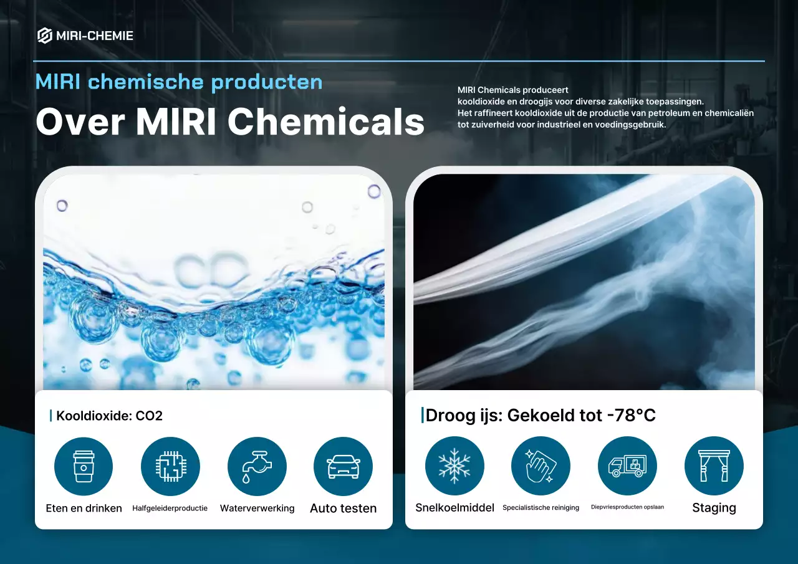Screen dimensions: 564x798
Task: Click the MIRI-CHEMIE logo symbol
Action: (x=44, y=36)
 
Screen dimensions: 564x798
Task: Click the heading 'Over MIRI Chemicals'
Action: (x=229, y=121)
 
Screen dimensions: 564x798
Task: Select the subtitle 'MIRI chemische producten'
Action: (x=179, y=82)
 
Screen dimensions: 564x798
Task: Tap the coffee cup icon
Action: (x=84, y=466)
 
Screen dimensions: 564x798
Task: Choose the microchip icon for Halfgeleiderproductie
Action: (x=170, y=466)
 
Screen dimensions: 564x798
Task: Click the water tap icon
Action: (x=257, y=466)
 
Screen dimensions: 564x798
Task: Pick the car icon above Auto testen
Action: (x=343, y=466)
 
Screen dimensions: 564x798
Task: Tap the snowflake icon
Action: (x=454, y=466)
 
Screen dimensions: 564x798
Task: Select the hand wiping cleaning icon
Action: (x=541, y=466)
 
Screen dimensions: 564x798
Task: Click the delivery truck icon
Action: (x=627, y=466)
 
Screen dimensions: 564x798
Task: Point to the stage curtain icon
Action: (x=714, y=466)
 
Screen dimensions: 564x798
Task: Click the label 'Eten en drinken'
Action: (x=84, y=509)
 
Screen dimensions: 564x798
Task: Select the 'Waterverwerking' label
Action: (x=257, y=509)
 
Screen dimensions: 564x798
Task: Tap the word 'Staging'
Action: (x=714, y=508)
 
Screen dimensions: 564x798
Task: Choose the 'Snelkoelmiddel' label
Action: (x=454, y=508)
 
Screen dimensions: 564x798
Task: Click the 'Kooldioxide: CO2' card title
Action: (x=109, y=416)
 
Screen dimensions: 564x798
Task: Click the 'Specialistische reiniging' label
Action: (x=541, y=508)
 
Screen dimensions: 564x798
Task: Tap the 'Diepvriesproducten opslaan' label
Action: (x=627, y=507)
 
